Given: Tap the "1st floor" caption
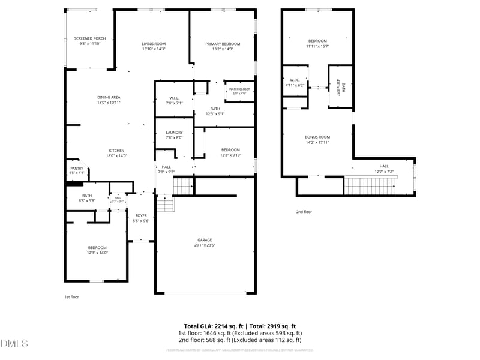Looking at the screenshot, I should coord(71,297).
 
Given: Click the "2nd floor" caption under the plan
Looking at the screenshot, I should coord(304,212).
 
